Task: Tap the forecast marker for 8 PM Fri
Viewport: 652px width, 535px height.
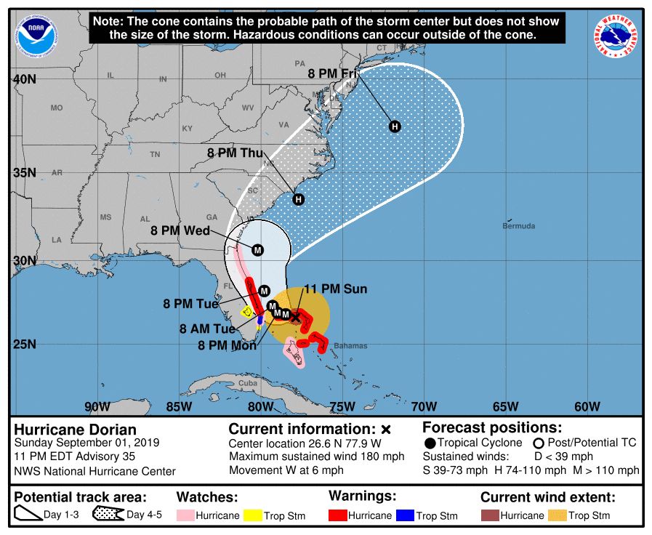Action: (x=395, y=126)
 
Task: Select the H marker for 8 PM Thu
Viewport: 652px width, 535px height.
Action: (x=297, y=199)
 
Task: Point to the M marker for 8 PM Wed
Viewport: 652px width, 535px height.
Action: (x=257, y=250)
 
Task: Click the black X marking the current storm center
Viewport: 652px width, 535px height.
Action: (x=295, y=316)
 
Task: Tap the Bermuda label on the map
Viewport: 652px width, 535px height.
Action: (x=518, y=226)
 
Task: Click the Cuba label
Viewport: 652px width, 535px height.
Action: (x=249, y=383)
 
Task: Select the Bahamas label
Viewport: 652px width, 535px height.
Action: (x=350, y=346)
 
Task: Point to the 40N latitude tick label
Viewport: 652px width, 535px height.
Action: (x=25, y=79)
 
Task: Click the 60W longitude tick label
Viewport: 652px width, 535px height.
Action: (x=587, y=406)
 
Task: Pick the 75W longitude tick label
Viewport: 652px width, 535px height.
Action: (x=342, y=406)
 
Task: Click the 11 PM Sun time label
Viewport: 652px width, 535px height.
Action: (x=335, y=289)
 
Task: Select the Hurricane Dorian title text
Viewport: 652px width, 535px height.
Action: (x=75, y=430)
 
